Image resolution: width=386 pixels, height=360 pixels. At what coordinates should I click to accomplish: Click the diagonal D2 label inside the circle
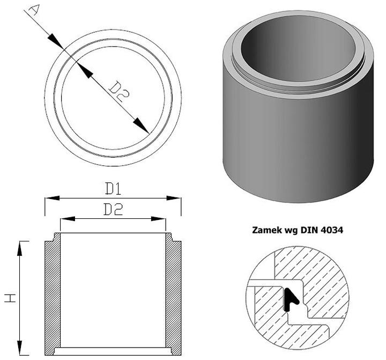point(119,92)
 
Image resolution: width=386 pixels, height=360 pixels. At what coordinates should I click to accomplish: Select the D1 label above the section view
point(113,189)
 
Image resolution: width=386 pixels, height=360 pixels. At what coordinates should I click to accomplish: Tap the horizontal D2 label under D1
point(113,209)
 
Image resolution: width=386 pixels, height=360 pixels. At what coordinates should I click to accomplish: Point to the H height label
point(10,298)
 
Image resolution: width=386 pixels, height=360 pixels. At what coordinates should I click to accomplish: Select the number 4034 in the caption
point(332,230)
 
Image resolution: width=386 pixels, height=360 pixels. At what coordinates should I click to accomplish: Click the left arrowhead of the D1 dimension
point(52,198)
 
